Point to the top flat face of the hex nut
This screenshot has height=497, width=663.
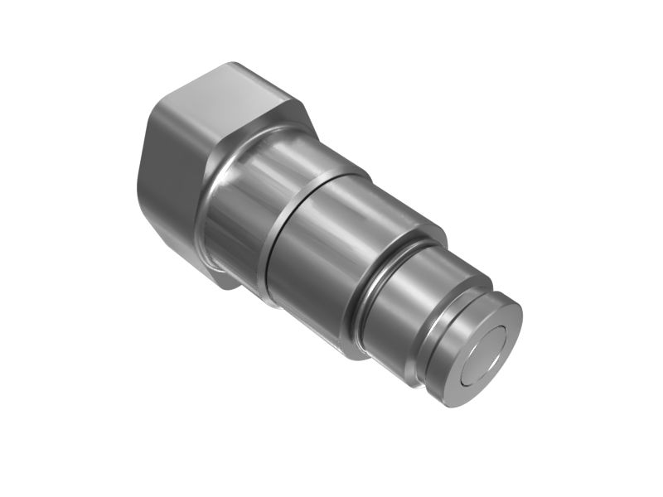pyautogui.click(x=224, y=99)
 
